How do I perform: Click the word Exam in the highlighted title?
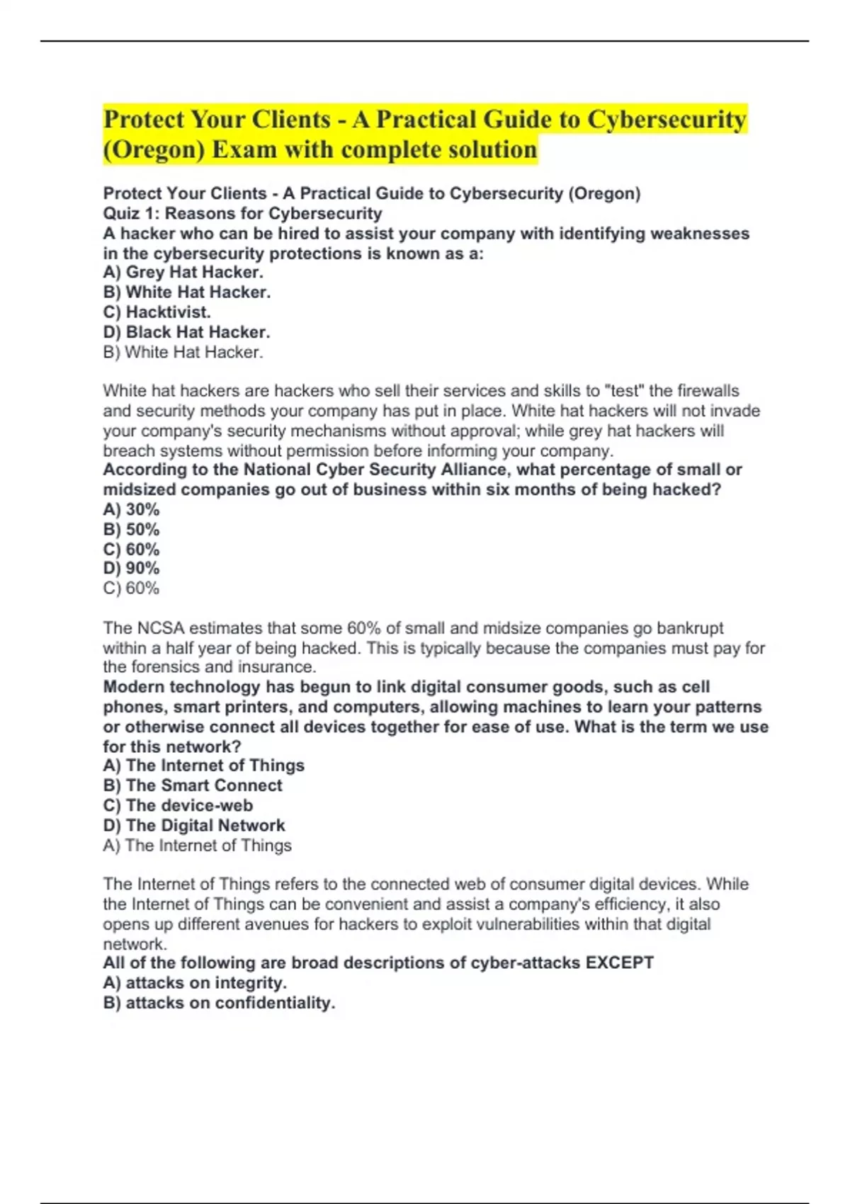[x=244, y=150]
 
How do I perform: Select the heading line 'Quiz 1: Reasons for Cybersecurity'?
[x=242, y=213]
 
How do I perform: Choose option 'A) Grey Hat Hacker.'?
[x=183, y=272]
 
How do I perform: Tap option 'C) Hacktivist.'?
[x=157, y=312]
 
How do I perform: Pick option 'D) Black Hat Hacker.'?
[x=186, y=331]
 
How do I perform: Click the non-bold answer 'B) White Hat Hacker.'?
[x=183, y=352]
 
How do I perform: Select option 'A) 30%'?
[x=131, y=509]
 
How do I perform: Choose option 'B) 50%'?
[x=131, y=529]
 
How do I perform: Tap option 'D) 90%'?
[x=131, y=568]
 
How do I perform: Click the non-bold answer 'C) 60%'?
[x=131, y=588]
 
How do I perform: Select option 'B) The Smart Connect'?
[x=193, y=785]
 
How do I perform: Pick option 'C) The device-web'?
[x=178, y=805]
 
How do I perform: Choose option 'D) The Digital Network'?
[x=194, y=825]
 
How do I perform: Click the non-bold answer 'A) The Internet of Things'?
[x=197, y=845]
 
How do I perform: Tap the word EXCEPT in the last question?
[x=619, y=962]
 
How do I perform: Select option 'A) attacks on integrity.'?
[x=195, y=982]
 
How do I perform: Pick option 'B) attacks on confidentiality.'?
[x=219, y=1003]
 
